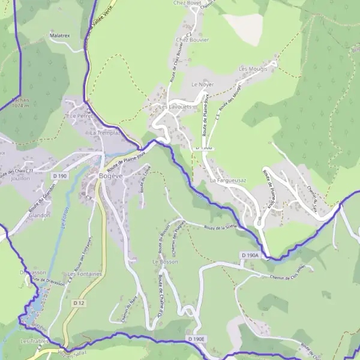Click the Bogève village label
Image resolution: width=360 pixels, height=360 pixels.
click(x=110, y=176)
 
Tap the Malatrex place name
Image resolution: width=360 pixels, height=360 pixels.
click(x=60, y=36)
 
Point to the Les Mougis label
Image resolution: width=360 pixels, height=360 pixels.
click(x=252, y=69)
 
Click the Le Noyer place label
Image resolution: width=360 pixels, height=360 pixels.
click(x=202, y=85)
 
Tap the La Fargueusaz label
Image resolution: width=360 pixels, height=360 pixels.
click(x=225, y=180)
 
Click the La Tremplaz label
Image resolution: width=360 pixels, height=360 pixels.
click(x=105, y=132)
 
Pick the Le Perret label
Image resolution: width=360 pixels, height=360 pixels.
click(x=80, y=115)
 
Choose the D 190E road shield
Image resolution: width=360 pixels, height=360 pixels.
click(x=196, y=340)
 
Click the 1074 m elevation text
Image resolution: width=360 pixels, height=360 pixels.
click(x=20, y=106)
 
